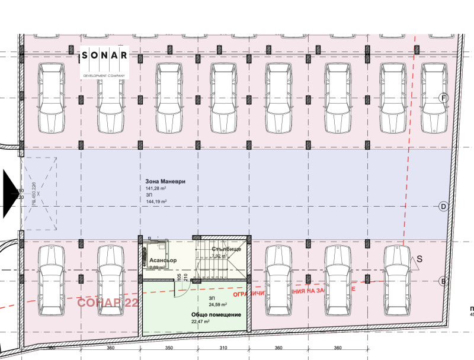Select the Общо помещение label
click(216, 314)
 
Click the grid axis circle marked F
click(443, 98)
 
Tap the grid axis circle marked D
click(443, 206)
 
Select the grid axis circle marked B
click(443, 281)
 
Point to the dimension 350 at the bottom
click(168, 349)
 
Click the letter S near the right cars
click(419, 259)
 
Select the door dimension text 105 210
click(182, 278)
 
